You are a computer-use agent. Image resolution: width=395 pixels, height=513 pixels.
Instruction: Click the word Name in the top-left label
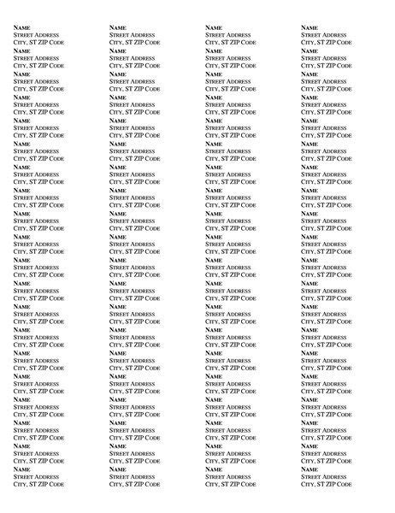click(x=21, y=27)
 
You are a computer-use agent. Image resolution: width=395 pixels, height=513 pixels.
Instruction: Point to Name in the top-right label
click(x=310, y=27)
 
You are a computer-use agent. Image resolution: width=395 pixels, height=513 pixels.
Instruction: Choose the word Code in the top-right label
click(x=342, y=42)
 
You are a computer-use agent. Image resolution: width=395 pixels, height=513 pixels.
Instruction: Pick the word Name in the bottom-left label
click(x=21, y=469)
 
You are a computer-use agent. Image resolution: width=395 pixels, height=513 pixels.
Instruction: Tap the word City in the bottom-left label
click(x=20, y=484)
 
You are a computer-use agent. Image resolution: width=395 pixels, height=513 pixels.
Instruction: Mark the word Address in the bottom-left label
click(x=47, y=476)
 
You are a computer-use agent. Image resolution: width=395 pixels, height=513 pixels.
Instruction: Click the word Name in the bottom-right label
click(x=310, y=469)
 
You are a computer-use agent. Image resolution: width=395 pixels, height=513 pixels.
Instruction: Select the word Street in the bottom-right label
click(x=311, y=476)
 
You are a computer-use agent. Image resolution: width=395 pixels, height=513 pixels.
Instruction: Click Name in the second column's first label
click(x=118, y=27)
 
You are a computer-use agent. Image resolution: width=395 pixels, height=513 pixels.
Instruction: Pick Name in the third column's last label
click(x=214, y=469)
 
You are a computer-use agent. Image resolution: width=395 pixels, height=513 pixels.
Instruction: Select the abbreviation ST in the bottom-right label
click(x=320, y=484)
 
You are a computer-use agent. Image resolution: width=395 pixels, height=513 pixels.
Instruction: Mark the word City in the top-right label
click(x=308, y=42)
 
